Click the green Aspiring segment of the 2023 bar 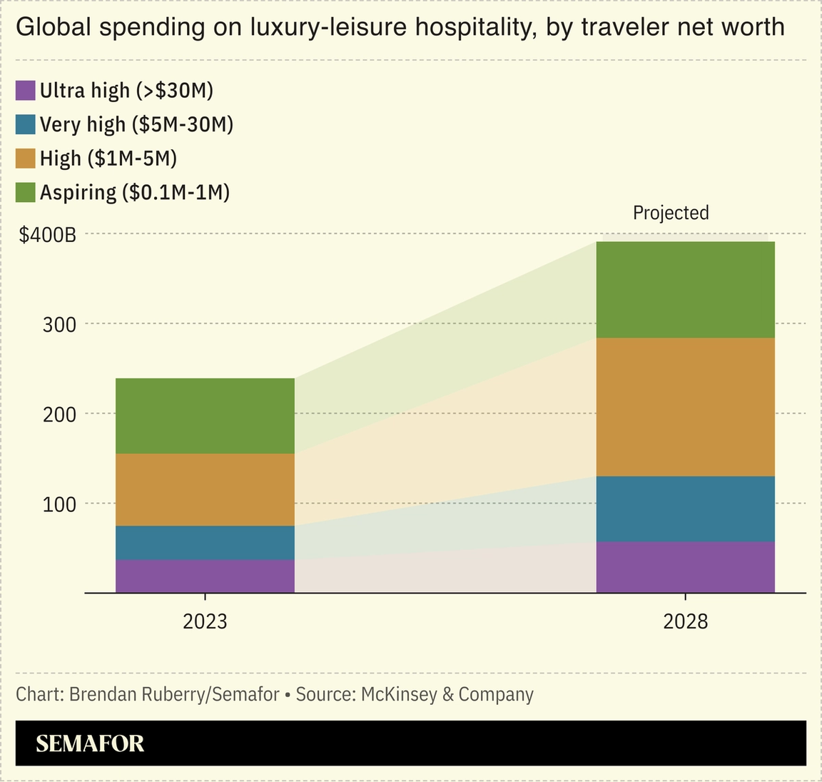205,416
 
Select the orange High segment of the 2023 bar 205,490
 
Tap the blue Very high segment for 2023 205,543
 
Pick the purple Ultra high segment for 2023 205,576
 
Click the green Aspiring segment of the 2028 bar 685,289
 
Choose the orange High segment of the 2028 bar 685,407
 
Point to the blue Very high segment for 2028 685,509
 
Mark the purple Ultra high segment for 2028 685,567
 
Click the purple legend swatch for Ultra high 26,91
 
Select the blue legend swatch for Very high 26,124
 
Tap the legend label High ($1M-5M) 108,158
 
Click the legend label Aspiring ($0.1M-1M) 135,192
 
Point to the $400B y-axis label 47,234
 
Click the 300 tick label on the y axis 59,325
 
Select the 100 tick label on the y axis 59,505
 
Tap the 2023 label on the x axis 205,621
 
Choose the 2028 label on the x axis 685,621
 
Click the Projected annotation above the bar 671,213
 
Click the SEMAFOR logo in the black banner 90,743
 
